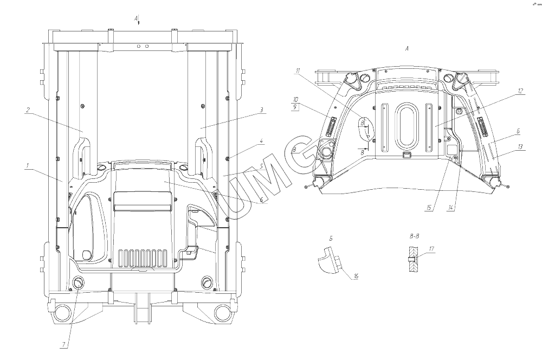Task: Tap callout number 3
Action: click(x=262, y=110)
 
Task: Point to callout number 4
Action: click(x=262, y=142)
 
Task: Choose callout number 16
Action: click(x=356, y=277)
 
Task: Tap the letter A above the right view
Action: click(x=407, y=49)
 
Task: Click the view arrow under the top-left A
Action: click(x=139, y=23)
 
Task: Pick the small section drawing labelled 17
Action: click(x=413, y=258)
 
